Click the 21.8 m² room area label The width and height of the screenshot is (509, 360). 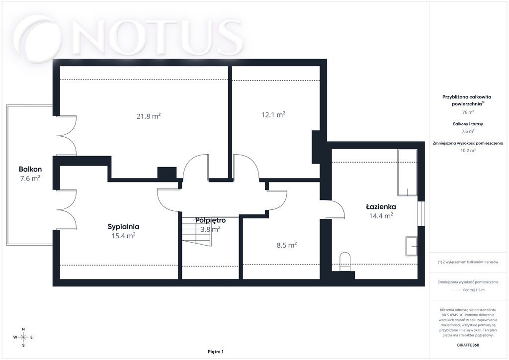(x=149, y=116)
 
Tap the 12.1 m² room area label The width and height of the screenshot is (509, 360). (x=273, y=114)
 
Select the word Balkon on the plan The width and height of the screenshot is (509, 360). (x=30, y=169)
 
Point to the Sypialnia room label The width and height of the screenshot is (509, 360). (x=123, y=227)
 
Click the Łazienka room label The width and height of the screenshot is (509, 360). (x=381, y=206)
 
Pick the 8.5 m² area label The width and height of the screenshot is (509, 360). (x=287, y=245)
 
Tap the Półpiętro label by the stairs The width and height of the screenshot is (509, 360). (x=210, y=220)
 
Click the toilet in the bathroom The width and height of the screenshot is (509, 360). (x=345, y=262)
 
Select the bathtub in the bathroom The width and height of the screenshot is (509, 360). (x=408, y=173)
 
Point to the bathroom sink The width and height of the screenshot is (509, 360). (x=411, y=246)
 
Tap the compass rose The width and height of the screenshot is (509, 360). (x=23, y=337)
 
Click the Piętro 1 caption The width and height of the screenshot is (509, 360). (x=216, y=352)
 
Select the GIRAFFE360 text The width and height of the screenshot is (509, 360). (x=468, y=345)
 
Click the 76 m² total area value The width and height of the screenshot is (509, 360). (x=468, y=112)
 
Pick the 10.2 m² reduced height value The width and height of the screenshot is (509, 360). (x=468, y=150)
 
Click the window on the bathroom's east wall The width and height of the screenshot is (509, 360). (x=421, y=214)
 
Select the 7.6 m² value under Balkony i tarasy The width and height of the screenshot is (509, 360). (x=468, y=131)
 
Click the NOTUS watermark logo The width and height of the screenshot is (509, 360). (x=129, y=37)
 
